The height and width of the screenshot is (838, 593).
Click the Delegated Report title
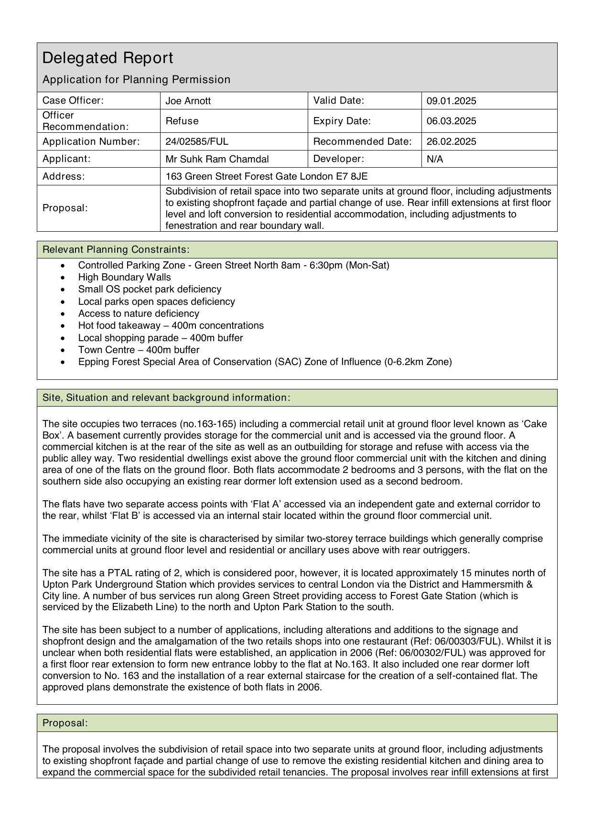[x=108, y=58]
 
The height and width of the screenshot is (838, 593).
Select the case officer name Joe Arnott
[x=188, y=101]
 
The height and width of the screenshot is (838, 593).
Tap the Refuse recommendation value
[x=182, y=121]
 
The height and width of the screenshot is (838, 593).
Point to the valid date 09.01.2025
[x=451, y=101]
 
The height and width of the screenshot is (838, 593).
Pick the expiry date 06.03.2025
[x=451, y=121]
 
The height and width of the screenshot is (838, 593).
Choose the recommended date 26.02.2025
[x=451, y=141]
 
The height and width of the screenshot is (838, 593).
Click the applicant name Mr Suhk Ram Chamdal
[x=217, y=159]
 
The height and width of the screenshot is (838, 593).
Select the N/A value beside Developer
[x=435, y=159]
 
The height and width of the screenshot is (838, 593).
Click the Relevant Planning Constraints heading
[x=116, y=249]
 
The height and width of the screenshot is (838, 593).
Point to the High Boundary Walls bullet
[x=124, y=277]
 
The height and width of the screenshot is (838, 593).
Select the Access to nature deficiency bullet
[x=139, y=313]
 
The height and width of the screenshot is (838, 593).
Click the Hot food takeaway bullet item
[x=171, y=325]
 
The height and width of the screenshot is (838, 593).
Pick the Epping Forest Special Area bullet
[x=265, y=362]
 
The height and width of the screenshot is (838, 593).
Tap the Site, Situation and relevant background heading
[x=166, y=398]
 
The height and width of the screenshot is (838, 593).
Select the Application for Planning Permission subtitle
[x=136, y=79]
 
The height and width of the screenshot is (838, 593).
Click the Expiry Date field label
[x=342, y=121]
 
